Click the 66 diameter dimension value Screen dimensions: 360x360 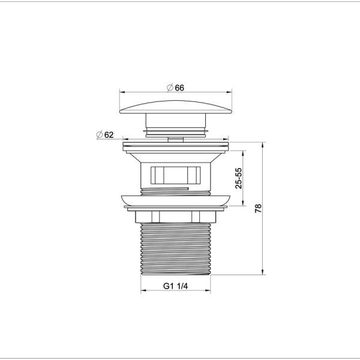(179, 87)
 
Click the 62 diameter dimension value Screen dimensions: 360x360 (109, 135)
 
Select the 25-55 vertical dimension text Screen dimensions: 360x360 (238, 178)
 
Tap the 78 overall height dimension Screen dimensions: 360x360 (258, 209)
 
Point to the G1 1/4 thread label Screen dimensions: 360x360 (176, 286)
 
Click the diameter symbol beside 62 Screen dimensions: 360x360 (99, 135)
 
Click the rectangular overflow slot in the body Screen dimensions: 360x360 (176, 175)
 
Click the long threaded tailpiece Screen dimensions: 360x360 (176, 249)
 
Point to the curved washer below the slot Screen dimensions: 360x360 (176, 200)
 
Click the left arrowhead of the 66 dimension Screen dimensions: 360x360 (121, 92)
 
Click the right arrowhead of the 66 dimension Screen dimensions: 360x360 (230, 92)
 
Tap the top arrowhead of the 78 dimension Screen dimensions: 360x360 (264, 145)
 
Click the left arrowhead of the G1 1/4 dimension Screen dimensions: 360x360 (143, 292)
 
